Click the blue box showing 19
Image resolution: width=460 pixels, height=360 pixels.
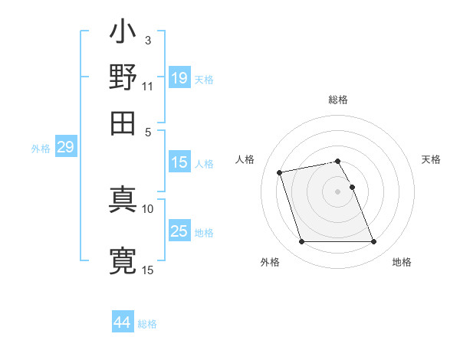179,78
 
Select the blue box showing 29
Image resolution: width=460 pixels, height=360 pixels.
65,147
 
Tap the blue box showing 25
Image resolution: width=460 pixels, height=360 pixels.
179,231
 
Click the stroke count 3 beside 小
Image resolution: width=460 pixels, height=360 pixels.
147,40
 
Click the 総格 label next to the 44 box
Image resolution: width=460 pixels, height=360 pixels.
147,324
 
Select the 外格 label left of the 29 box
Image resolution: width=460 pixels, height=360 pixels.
40,149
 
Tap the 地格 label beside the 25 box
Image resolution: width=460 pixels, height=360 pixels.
204,233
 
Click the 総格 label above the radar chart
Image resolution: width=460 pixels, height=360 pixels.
338,100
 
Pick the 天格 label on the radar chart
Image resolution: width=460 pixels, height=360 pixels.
431,159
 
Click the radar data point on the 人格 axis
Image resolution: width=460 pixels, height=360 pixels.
280,172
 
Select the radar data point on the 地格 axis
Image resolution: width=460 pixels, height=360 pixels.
373,242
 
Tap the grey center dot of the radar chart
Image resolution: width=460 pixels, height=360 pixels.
338,191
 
